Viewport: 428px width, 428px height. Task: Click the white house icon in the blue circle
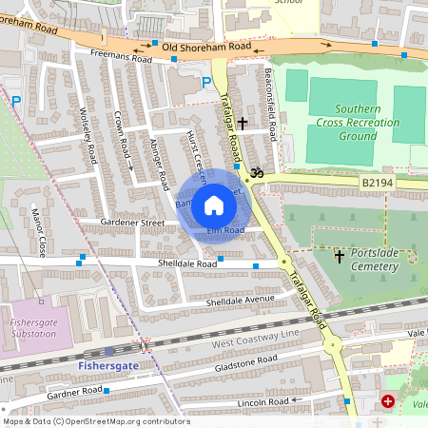[214, 205]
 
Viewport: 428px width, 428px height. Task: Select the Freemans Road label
[121, 58]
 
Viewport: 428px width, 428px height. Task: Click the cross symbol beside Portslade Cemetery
[340, 257]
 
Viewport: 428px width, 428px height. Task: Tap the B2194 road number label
[377, 181]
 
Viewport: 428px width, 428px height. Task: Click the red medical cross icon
[388, 402]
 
